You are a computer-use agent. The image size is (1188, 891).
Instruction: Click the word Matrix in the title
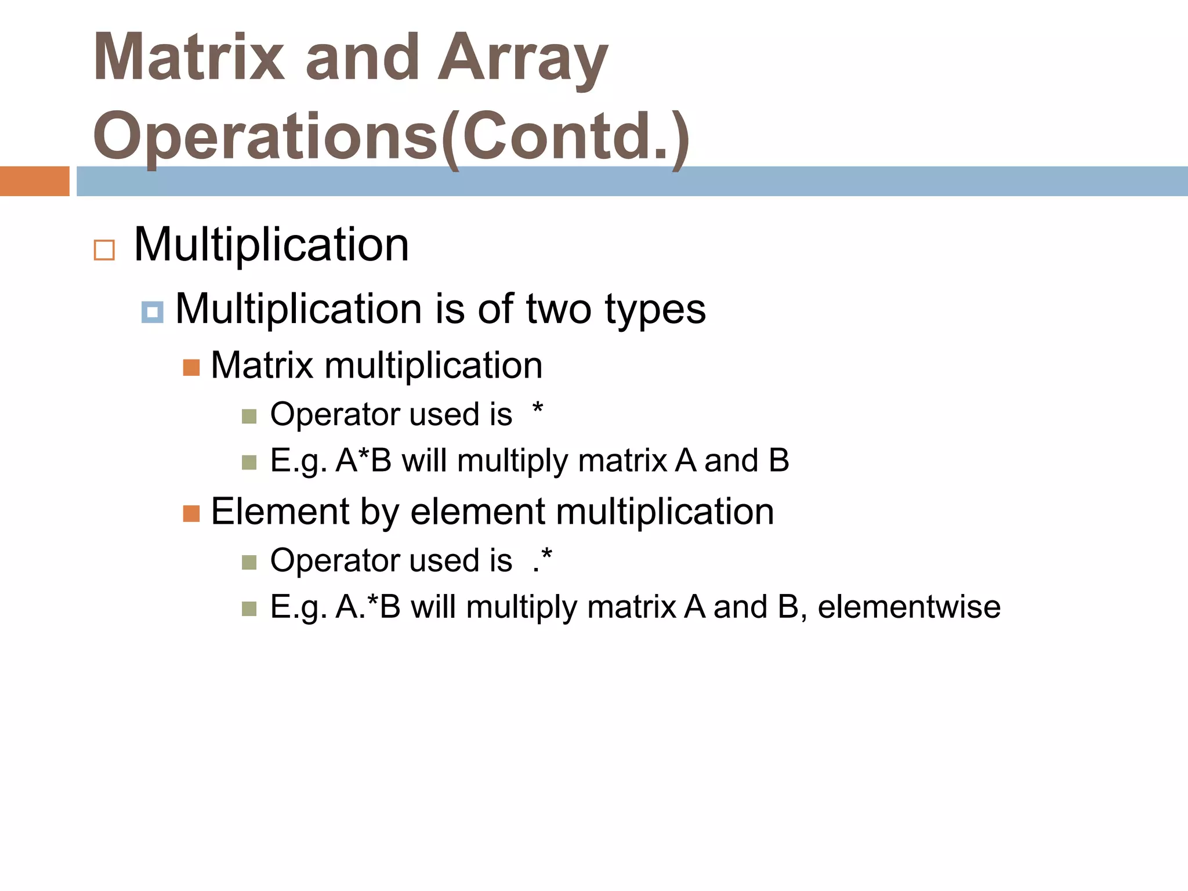pyautogui.click(x=189, y=58)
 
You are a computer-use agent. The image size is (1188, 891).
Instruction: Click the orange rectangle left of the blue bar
pyautogui.click(x=34, y=181)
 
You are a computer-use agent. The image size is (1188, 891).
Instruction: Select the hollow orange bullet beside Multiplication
pyautogui.click(x=104, y=250)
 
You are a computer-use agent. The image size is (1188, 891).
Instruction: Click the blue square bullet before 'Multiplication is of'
pyautogui.click(x=152, y=313)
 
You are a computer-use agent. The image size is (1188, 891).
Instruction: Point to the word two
pyautogui.click(x=559, y=309)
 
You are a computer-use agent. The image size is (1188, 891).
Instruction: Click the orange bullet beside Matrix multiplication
pyautogui.click(x=191, y=368)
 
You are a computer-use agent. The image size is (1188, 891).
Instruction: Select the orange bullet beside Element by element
pyautogui.click(x=191, y=513)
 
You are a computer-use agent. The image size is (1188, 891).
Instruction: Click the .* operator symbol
pyautogui.click(x=542, y=560)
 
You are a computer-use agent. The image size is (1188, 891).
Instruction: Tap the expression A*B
pyautogui.click(x=364, y=461)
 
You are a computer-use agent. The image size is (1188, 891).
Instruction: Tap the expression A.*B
pyautogui.click(x=368, y=607)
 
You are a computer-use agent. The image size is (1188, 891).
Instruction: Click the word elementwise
pyautogui.click(x=909, y=607)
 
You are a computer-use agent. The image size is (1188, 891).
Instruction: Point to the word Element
pyautogui.click(x=280, y=512)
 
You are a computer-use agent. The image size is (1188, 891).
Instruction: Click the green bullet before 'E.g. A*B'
pyautogui.click(x=249, y=462)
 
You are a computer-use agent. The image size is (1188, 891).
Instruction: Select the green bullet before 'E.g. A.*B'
pyautogui.click(x=249, y=609)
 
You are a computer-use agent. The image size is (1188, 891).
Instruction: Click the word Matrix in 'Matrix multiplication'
pyautogui.click(x=262, y=366)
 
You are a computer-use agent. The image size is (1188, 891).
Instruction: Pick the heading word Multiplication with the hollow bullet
pyautogui.click(x=271, y=245)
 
